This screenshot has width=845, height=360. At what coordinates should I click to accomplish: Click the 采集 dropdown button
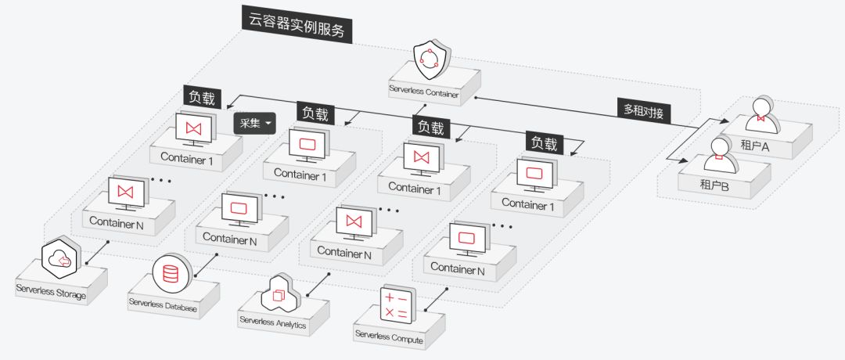click(x=255, y=123)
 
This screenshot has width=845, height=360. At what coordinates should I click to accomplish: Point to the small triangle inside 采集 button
click(x=268, y=124)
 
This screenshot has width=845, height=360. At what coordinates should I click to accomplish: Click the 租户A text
click(x=756, y=145)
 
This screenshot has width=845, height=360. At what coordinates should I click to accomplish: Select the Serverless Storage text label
click(x=51, y=291)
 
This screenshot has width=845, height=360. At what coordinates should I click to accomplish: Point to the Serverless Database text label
click(x=164, y=305)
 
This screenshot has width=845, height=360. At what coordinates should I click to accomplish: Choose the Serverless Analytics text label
click(x=273, y=322)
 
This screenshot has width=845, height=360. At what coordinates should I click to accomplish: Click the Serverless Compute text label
click(x=389, y=338)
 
